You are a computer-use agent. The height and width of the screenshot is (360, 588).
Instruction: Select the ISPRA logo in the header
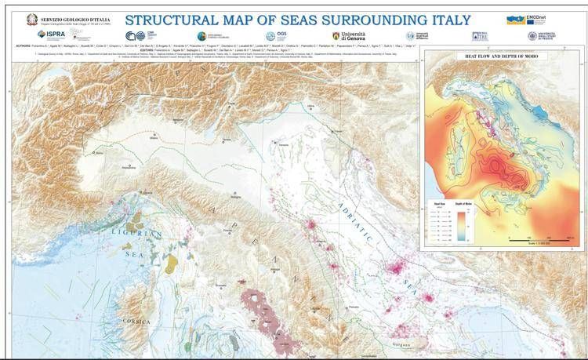click(x=53, y=35)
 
